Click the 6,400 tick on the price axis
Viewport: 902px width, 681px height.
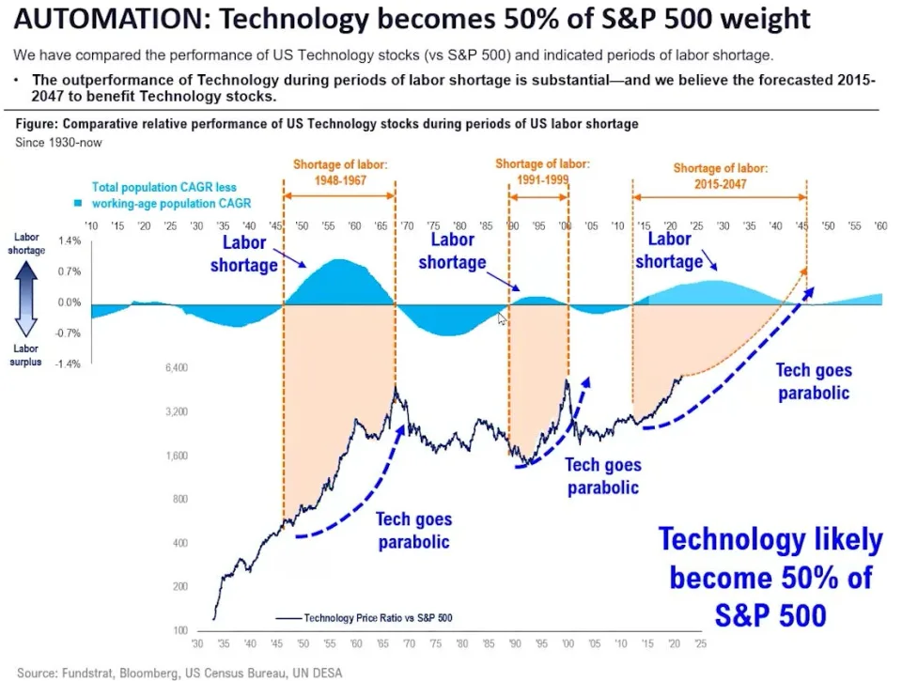[177, 367]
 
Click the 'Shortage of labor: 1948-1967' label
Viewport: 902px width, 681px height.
[339, 173]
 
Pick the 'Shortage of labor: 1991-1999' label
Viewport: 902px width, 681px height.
[537, 172]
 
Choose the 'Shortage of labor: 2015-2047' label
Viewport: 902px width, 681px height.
[721, 176]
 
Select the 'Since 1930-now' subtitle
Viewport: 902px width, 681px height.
[59, 142]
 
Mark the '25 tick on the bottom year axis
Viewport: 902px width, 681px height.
[699, 646]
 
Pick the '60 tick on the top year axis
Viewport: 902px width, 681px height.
[880, 226]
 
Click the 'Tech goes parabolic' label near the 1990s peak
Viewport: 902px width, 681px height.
[602, 476]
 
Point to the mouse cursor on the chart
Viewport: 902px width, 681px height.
[502, 319]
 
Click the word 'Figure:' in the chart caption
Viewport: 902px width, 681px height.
[39, 124]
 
